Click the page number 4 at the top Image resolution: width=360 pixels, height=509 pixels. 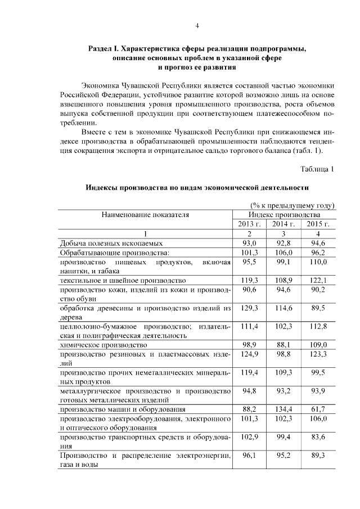(197, 25)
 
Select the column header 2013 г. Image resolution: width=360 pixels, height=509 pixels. (250, 224)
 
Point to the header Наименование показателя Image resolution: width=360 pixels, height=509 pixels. (145, 214)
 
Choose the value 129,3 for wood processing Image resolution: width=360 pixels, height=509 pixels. (250, 308)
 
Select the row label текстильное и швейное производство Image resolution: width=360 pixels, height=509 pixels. (122, 280)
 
